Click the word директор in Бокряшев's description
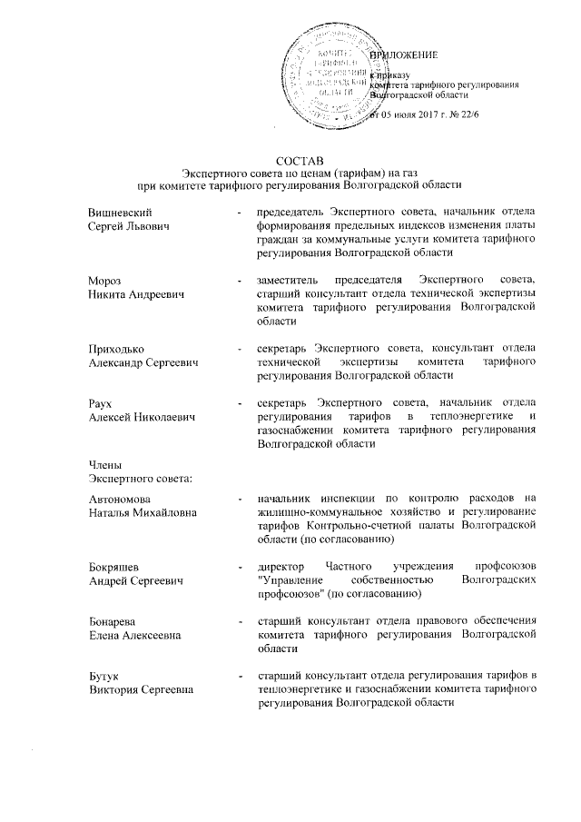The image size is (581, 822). (x=282, y=568)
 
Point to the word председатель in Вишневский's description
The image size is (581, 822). (x=290, y=212)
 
